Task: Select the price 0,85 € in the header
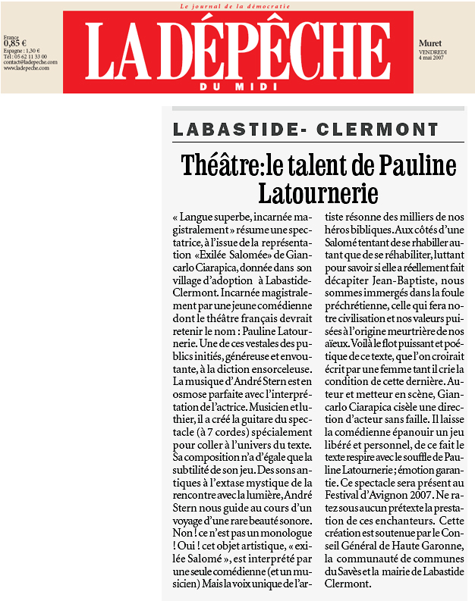pos(15,43)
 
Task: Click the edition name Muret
pos(429,44)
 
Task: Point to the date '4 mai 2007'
pos(433,57)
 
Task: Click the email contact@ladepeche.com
pos(27,62)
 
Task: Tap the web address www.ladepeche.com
pos(27,68)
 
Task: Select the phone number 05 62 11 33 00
pos(32,56)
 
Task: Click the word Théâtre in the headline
pos(218,165)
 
